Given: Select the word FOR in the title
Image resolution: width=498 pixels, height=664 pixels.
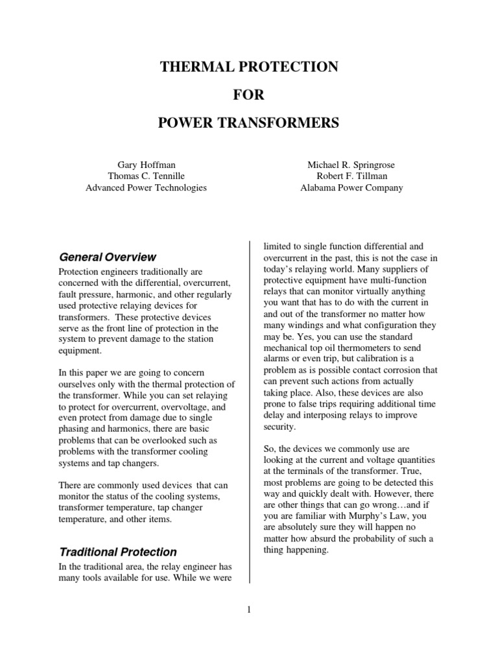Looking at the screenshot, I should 249,95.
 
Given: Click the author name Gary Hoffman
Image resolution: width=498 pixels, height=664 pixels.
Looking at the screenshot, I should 146,165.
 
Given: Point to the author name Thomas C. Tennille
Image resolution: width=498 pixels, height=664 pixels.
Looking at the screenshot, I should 146,176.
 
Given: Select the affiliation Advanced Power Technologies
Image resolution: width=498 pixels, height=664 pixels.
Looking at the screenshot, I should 146,188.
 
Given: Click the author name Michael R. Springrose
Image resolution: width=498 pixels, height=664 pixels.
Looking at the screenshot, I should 351,165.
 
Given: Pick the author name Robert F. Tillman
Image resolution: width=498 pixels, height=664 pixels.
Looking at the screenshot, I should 351,176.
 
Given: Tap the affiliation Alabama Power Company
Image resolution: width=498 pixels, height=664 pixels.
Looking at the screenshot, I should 351,188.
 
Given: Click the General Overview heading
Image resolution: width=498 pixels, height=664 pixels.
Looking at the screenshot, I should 107,257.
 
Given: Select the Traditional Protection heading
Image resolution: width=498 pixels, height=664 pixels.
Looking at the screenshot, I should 118,552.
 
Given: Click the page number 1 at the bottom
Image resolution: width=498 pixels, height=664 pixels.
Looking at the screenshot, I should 249,609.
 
